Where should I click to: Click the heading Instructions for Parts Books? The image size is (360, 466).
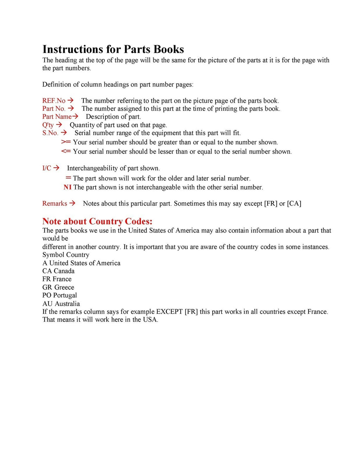point(113,49)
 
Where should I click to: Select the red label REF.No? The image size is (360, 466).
point(54,101)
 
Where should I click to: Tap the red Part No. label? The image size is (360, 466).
point(54,109)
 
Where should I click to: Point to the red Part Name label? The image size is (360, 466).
point(57,117)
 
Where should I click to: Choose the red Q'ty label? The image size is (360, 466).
point(48,125)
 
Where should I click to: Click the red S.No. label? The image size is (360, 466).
point(50,133)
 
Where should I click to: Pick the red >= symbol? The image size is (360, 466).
point(66,142)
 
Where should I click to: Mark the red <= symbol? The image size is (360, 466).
point(66,151)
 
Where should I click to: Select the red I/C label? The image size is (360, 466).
point(47,168)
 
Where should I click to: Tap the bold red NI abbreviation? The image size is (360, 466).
point(67,187)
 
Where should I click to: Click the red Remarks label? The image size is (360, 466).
point(54,203)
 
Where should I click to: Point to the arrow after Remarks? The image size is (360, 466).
point(72,203)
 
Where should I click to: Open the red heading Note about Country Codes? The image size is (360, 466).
point(97,221)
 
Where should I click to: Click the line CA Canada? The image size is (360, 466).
point(58,271)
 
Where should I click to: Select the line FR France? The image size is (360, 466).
point(57,279)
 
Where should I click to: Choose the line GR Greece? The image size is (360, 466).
point(58,287)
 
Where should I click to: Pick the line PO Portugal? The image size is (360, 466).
point(60,295)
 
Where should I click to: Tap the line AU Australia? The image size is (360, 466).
point(61,304)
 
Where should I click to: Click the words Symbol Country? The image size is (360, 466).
point(66,255)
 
